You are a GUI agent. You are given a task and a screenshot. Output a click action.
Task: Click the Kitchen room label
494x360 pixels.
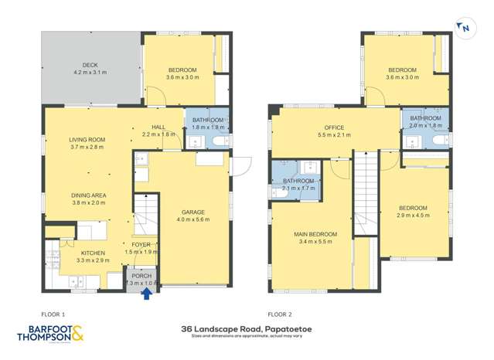pyautogui.click(x=93, y=256)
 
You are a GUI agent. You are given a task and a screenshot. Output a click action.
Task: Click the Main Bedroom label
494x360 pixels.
pyautogui.click(x=314, y=237)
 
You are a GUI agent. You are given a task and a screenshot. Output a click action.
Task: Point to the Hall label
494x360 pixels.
pyautogui.click(x=159, y=131)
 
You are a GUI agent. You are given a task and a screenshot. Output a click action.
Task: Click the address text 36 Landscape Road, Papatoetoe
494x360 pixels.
pyautogui.click(x=246, y=328)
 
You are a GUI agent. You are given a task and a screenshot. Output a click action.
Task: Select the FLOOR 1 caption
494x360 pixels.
pyautogui.click(x=54, y=314)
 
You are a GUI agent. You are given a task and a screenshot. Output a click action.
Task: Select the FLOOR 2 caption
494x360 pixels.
pyautogui.click(x=280, y=314)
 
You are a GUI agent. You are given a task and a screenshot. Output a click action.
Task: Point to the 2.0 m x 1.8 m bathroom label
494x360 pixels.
pyautogui.click(x=426, y=122)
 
